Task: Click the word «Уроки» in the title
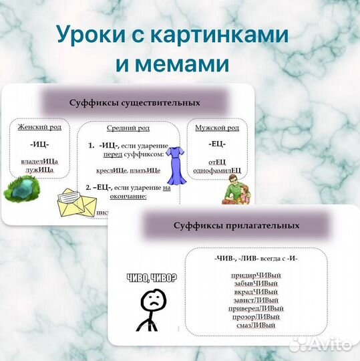click(87, 34)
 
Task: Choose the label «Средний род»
click(128, 128)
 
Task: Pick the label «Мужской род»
click(216, 127)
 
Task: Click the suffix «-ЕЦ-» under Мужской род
click(216, 144)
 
